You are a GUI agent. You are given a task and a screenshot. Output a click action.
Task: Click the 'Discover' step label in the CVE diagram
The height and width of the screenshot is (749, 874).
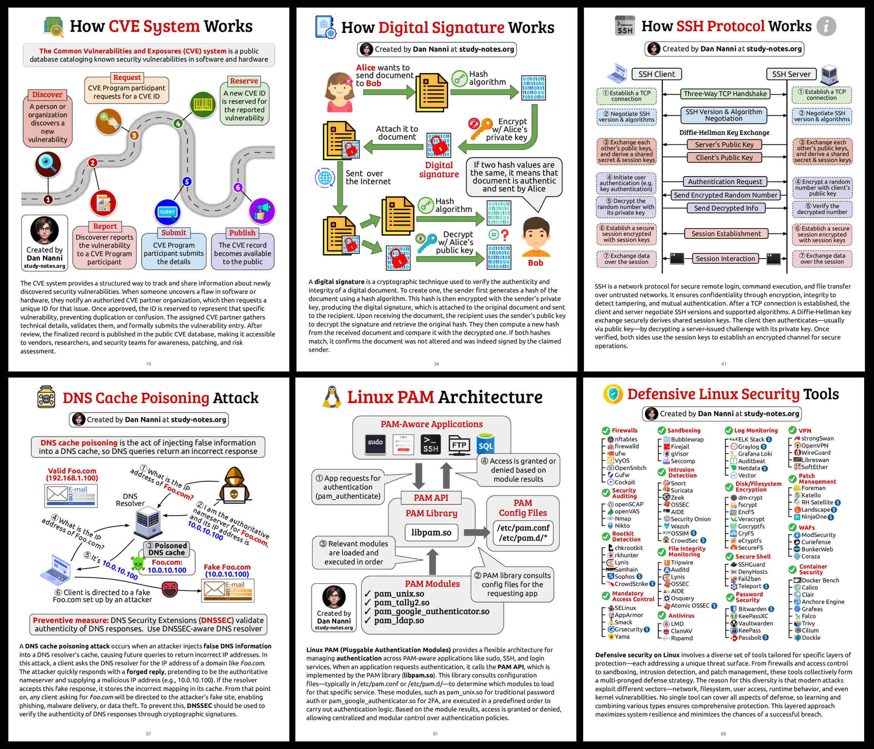coord(47,95)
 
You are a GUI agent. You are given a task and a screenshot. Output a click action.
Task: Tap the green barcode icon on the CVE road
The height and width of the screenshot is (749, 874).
coord(203,105)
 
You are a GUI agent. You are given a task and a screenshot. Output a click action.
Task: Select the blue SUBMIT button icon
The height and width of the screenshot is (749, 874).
coord(167,212)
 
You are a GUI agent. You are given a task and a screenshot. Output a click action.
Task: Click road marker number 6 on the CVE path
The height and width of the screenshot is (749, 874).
coord(238,187)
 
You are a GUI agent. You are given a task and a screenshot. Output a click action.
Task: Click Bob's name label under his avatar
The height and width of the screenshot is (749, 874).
coord(535,263)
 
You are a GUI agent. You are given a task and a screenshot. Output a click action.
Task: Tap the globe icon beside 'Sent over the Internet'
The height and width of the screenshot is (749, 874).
coord(325,178)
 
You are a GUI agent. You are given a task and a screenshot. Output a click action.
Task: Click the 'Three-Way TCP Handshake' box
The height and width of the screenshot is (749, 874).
coord(725,94)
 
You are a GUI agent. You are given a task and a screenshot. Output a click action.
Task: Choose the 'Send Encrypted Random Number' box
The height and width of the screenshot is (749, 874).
coord(725,195)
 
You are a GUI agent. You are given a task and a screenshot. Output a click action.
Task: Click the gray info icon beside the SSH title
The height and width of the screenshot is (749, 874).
coord(826,26)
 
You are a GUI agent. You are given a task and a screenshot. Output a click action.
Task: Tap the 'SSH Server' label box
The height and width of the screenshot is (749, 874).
coord(791,74)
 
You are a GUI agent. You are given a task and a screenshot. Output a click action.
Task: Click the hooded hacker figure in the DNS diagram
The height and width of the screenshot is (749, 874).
coord(234,485)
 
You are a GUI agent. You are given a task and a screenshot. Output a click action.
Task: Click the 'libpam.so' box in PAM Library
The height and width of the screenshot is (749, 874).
coord(431,533)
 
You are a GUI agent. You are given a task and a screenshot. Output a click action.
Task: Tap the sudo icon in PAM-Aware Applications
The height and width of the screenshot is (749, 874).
coord(375,444)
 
